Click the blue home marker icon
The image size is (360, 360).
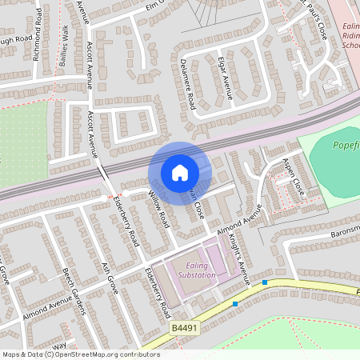[x=180, y=172]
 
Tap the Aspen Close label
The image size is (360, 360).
[x=293, y=178]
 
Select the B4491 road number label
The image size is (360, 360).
[x=183, y=328]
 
